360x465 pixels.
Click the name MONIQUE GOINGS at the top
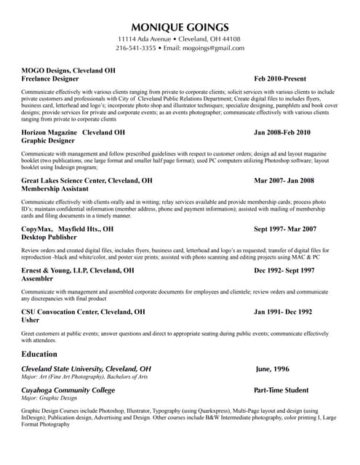click(x=180, y=27)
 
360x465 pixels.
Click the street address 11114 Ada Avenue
click(x=145, y=39)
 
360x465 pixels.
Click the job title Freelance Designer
click(x=49, y=78)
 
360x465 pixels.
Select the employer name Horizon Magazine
click(x=49, y=133)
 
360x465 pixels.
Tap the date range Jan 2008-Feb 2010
click(x=281, y=133)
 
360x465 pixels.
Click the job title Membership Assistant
click(x=55, y=188)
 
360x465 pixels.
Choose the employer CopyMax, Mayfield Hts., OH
click(x=67, y=229)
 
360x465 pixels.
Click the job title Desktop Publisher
click(x=49, y=237)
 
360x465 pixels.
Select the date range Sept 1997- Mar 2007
click(x=285, y=229)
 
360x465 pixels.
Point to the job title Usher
click(x=31, y=320)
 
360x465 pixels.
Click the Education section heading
click(x=39, y=354)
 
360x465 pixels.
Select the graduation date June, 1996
click(x=272, y=369)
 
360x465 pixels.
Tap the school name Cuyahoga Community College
click(x=68, y=390)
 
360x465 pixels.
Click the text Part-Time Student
click(x=281, y=390)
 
